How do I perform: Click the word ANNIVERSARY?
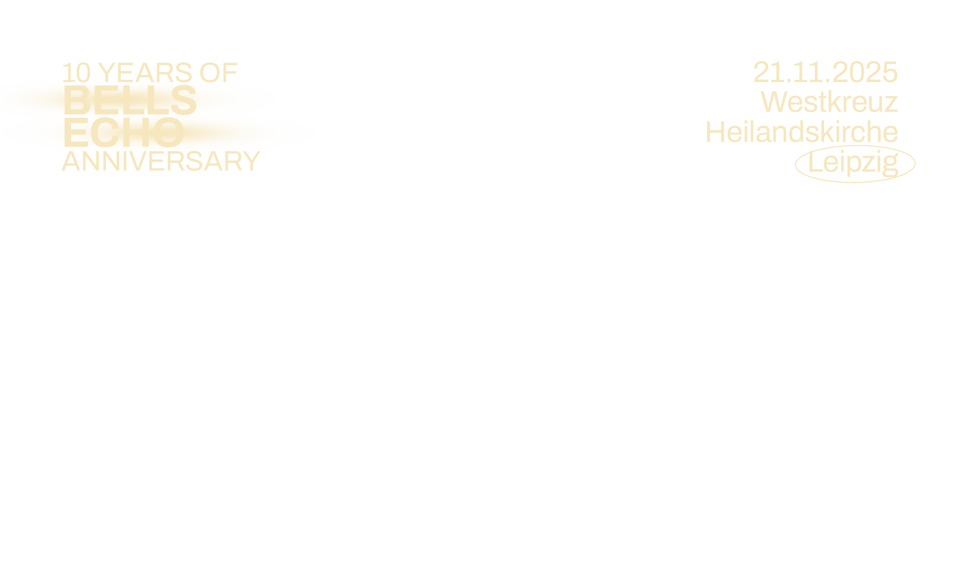tap(161, 162)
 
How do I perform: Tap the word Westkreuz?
tap(829, 102)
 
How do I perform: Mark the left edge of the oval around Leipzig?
tap(795, 164)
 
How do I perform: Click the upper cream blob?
tap(137, 98)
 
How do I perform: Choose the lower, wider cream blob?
tap(157, 132)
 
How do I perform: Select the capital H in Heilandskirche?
tap(715, 132)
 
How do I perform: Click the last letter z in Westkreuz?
tap(891, 104)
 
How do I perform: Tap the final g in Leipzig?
tap(890, 164)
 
